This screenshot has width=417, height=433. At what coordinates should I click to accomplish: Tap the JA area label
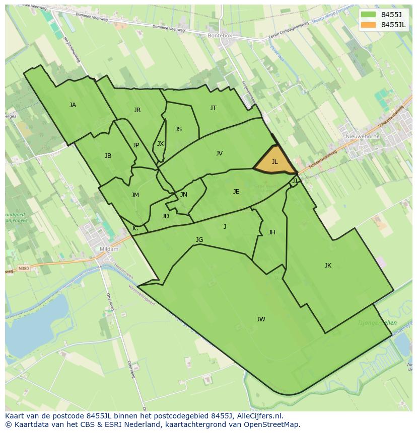[73, 105]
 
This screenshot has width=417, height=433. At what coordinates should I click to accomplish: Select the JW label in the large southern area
[261, 319]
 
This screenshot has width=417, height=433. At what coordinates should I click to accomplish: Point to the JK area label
[328, 266]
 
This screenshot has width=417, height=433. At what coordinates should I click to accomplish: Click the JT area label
[213, 108]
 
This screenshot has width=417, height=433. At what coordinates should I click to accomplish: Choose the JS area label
[178, 129]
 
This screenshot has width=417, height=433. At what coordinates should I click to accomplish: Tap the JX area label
[160, 144]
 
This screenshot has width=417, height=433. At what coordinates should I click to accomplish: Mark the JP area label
[136, 145]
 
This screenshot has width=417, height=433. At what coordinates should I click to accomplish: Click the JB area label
[108, 156]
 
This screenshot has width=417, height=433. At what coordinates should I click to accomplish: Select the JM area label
[135, 195]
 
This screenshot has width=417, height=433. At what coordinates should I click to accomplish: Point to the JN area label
[184, 195]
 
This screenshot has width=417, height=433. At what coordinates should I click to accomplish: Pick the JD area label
[166, 216]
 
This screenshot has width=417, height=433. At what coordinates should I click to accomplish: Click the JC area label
[134, 228]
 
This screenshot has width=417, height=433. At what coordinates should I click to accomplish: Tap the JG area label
[199, 240]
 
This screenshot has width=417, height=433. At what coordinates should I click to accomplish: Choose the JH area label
[271, 232]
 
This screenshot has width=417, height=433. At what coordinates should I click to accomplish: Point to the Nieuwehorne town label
[363, 136]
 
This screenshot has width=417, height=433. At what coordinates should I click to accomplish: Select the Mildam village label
[109, 249]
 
